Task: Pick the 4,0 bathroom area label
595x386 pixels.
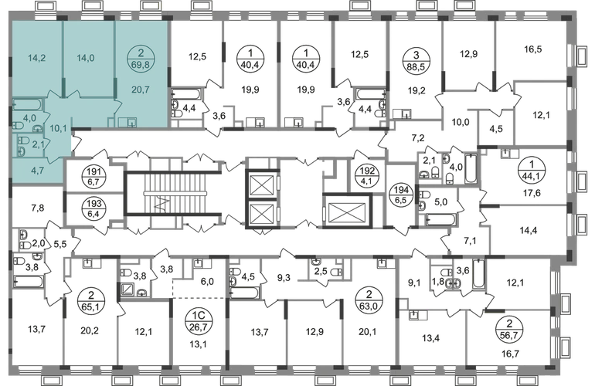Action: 29,118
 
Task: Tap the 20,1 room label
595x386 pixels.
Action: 363,334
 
